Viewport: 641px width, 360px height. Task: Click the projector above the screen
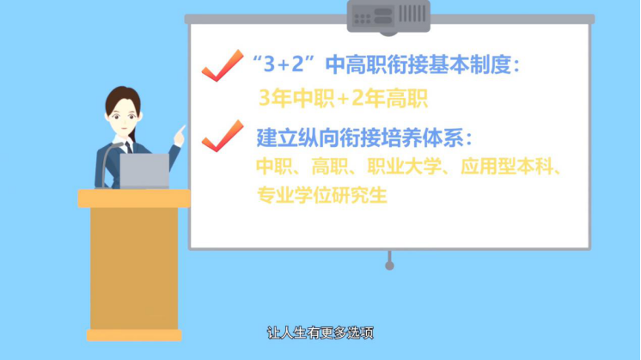tap(388, 17)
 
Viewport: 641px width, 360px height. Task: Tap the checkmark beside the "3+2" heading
tap(223, 65)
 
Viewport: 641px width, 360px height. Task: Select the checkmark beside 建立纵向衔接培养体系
tap(223, 136)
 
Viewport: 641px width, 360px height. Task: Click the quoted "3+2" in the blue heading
tap(284, 64)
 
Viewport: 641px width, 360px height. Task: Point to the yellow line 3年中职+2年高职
tap(344, 99)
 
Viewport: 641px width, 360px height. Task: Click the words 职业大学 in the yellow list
tap(404, 167)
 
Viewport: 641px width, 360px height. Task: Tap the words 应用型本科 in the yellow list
tap(506, 167)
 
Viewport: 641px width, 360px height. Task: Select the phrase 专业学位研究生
tap(321, 195)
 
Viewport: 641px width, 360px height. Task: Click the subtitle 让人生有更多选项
tap(320, 333)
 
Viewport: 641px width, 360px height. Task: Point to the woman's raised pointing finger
tap(181, 130)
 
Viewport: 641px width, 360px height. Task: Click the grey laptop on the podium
tap(144, 171)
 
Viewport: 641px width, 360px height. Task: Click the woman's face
tap(123, 118)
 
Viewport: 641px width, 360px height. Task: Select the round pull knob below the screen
tap(389, 265)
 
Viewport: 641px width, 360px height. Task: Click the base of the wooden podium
tap(134, 335)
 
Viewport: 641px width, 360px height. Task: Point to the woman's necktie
tap(128, 147)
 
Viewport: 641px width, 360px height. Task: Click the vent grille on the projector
tap(412, 14)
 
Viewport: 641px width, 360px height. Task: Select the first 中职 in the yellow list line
tap(274, 167)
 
